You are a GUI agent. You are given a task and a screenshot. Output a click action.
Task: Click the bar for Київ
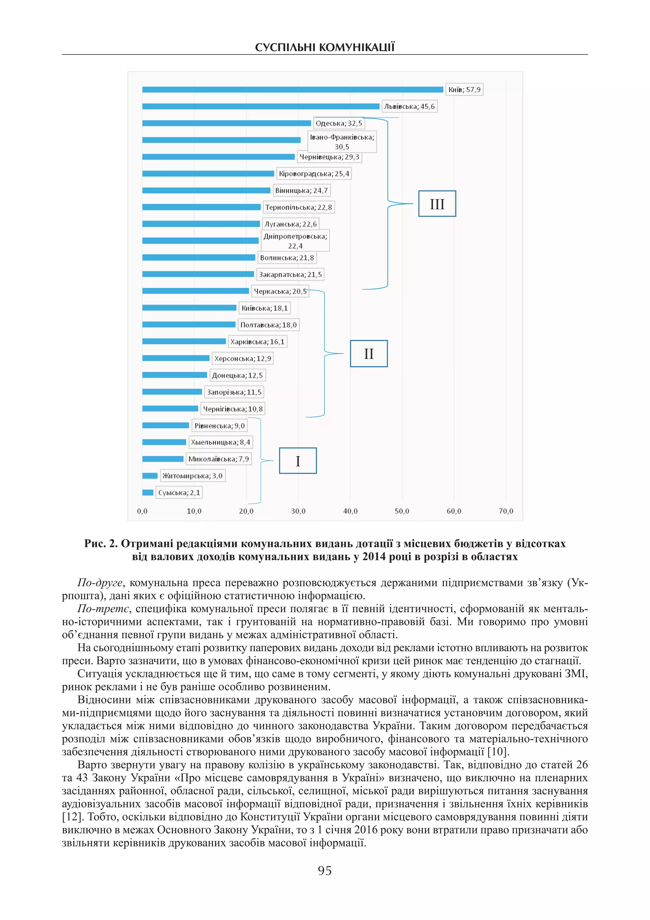pos(292,89)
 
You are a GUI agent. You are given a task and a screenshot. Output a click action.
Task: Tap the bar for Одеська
pos(226,123)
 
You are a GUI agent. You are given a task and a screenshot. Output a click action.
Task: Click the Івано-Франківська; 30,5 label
pos(342,142)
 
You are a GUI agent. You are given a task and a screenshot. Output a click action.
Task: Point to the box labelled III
pos(437,204)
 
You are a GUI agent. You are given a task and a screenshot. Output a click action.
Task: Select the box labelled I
pos(298,461)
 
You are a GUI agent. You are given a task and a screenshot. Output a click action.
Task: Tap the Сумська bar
pos(148,492)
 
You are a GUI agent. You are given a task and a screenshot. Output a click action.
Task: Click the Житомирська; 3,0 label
pos(193,476)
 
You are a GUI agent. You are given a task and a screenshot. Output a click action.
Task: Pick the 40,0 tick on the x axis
pos(350,511)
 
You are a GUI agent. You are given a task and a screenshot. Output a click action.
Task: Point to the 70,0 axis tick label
pos(506,511)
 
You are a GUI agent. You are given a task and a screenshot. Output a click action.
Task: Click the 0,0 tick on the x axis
pos(142,511)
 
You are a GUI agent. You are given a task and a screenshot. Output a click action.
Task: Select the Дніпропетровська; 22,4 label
pos(295,241)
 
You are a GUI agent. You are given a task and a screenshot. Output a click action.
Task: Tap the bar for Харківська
pos(184,342)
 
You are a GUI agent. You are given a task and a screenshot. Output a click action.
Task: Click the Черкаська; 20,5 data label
pos(280,291)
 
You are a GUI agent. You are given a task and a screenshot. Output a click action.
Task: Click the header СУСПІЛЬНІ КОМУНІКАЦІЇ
pos(325,48)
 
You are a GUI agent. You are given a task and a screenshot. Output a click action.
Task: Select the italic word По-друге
pos(100,583)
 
